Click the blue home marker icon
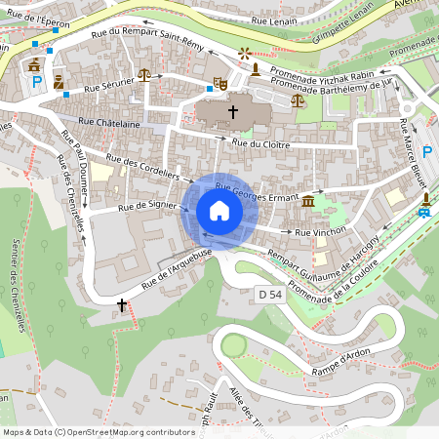[219, 211]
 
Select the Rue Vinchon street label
[321, 233]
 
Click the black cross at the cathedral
[232, 112]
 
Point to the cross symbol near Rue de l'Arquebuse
[121, 305]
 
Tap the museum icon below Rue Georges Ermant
[308, 201]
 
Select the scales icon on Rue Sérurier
[144, 73]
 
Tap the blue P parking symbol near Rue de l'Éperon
[37, 84]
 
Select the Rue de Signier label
[140, 206]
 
